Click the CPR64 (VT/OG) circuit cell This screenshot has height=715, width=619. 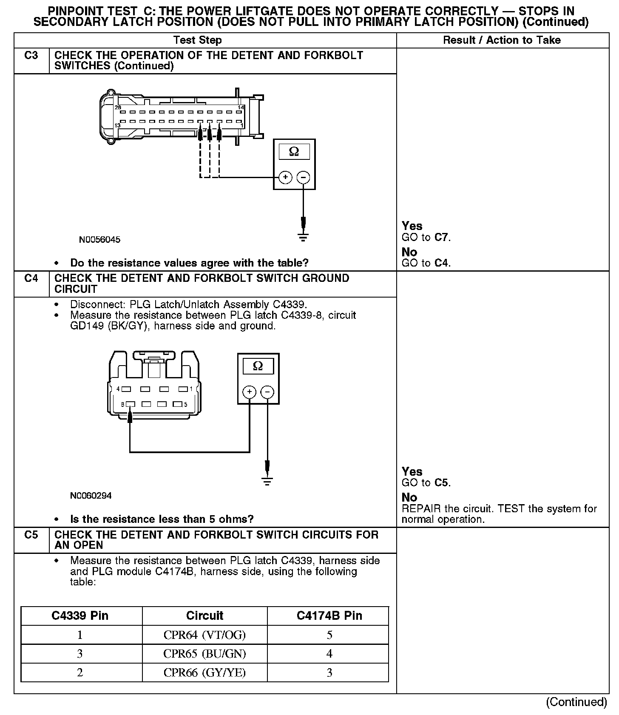204,635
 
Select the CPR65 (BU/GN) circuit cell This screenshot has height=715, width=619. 204,654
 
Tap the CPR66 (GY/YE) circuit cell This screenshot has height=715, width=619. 204,672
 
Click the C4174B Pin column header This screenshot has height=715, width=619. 329,616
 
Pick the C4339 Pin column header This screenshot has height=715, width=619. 80,616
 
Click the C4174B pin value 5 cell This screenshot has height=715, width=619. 329,635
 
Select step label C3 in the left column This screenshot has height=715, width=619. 31,56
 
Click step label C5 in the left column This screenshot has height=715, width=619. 31,535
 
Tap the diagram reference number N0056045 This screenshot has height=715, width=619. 99,240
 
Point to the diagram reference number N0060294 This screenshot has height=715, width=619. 91,496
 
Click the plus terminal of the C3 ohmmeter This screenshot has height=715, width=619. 285,177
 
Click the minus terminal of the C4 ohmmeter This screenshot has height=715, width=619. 267,392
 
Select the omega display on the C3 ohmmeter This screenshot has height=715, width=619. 294,152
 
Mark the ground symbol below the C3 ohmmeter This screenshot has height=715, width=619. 303,237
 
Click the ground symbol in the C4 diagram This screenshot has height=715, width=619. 267,481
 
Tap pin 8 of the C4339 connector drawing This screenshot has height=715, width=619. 131,404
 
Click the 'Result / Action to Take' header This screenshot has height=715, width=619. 502,40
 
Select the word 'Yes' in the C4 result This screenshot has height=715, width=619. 412,471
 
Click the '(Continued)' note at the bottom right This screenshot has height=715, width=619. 576,702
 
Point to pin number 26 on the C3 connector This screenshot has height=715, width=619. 118,108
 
